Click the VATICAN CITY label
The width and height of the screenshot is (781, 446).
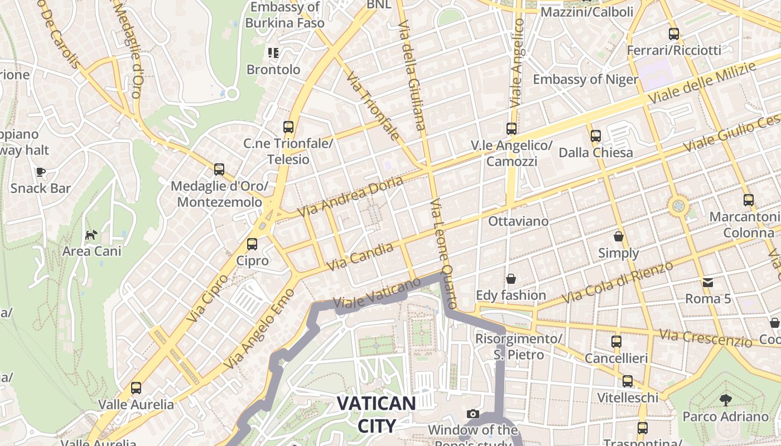tap(377, 414)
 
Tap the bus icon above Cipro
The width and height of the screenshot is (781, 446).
tap(252, 244)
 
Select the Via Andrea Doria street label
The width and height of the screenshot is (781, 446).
tap(350, 197)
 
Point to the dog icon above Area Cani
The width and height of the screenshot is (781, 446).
tap(91, 235)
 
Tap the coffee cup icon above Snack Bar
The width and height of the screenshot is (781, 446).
tap(40, 172)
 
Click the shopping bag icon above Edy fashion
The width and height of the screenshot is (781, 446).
tap(510, 278)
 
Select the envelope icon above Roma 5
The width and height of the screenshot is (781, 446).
tap(708, 282)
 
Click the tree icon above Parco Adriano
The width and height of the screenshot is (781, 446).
tap(725, 399)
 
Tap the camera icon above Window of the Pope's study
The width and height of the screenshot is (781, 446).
tap(473, 414)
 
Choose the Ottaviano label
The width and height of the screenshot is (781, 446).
tap(518, 221)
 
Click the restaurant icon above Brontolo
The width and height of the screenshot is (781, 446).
tap(273, 53)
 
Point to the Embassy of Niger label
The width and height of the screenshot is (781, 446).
tap(585, 79)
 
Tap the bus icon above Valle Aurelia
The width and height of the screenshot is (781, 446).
tap(136, 387)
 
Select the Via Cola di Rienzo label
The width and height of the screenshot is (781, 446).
tap(618, 282)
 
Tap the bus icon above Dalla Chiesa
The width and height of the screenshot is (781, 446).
tap(596, 135)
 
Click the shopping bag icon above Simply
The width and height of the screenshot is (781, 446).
tap(618, 236)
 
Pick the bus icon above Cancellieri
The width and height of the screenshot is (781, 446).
tap(616, 341)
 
